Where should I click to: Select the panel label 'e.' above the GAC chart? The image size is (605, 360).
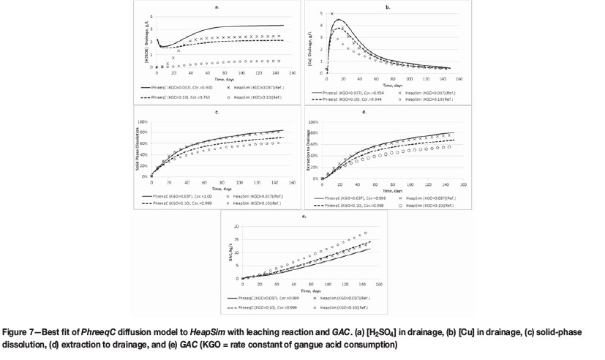coord(302,217)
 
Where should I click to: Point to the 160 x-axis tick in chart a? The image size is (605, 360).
coord(292,72)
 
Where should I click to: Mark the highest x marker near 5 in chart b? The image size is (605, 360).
coord(332,14)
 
